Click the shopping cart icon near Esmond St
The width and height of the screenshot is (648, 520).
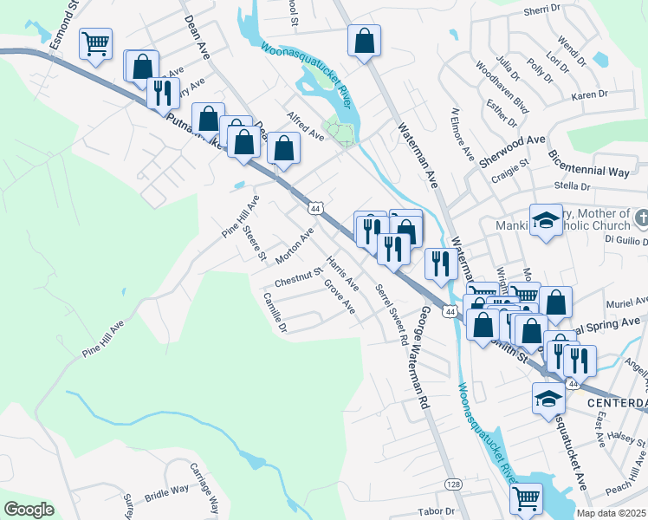coord(96,42)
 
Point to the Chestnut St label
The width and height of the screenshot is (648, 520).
coord(298,282)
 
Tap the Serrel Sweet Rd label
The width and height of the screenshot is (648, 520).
coord(391,315)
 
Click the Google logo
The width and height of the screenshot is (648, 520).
coord(29,510)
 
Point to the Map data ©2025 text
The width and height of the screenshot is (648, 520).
coord(611,513)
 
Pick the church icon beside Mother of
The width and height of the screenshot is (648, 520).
coord(641,216)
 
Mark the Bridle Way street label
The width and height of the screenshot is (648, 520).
coord(167,494)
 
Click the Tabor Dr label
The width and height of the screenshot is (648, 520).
coord(436,511)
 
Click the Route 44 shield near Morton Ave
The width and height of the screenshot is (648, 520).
coord(314,209)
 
